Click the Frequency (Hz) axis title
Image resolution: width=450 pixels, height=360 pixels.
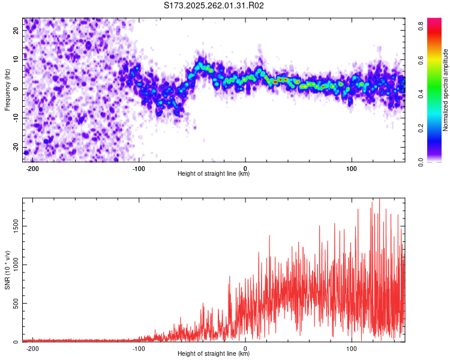[x=7, y=90]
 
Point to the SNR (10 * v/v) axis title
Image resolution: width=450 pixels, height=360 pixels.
[x=7, y=270]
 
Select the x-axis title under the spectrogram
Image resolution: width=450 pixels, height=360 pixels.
[x=214, y=174]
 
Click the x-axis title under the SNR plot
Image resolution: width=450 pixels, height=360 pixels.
[x=214, y=354]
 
